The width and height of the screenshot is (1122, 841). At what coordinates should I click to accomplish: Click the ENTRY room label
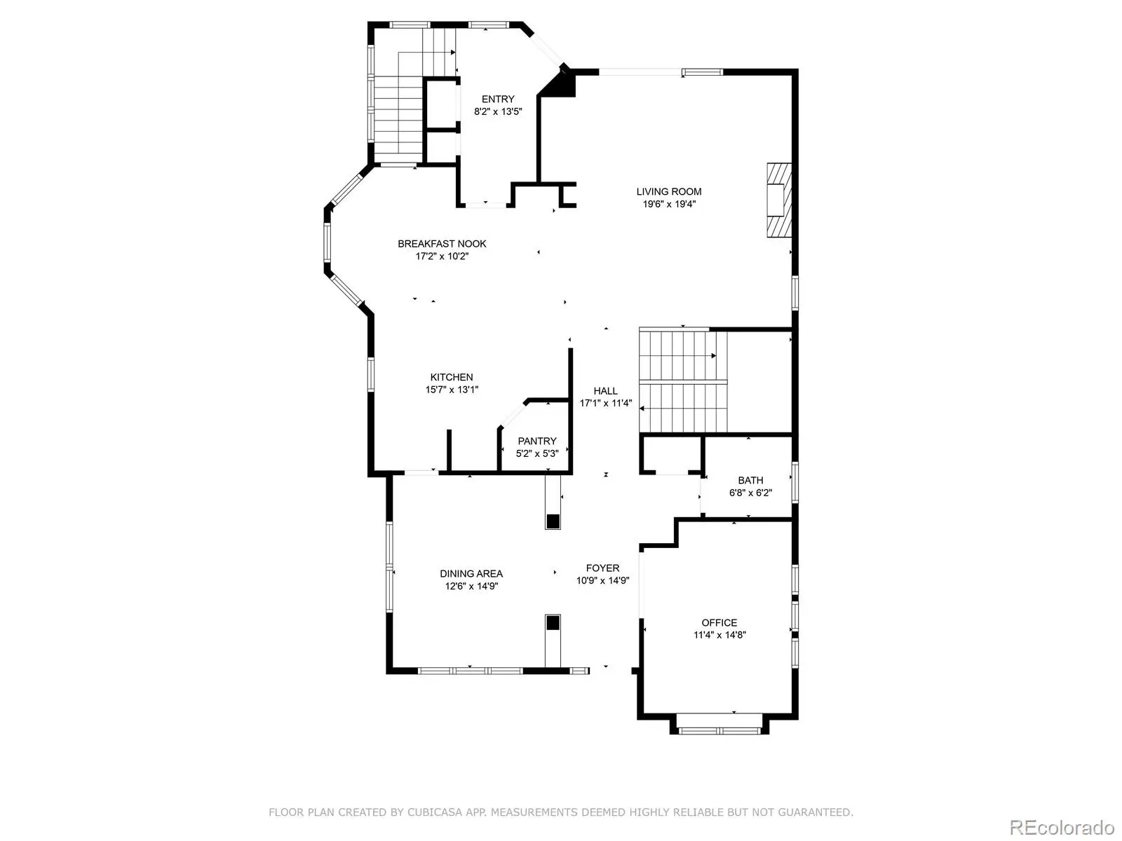click(497, 99)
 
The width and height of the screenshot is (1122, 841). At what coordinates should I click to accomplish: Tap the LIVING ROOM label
click(668, 191)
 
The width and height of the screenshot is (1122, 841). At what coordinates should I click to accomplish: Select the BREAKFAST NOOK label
click(442, 244)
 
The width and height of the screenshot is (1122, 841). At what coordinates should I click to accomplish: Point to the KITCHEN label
click(452, 377)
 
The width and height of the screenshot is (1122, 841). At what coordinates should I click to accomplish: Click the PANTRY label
click(536, 441)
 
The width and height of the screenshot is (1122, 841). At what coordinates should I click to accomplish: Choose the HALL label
click(605, 390)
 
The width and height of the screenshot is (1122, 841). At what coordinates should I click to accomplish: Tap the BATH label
click(750, 480)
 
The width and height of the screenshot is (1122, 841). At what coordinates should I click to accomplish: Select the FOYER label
click(602, 568)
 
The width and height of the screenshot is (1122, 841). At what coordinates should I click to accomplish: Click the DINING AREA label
click(471, 573)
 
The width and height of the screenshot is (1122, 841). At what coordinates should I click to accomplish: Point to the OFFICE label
click(719, 622)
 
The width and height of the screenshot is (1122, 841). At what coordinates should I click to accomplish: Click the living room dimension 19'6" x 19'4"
click(668, 204)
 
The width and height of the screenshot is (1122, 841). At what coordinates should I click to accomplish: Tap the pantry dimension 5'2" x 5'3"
click(536, 453)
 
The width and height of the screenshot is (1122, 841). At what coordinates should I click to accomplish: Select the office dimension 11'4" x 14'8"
click(719, 635)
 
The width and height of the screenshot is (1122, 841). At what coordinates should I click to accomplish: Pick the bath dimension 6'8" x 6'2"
click(750, 493)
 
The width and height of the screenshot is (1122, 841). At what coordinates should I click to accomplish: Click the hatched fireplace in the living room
click(779, 200)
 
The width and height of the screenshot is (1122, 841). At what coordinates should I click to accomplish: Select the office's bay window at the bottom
click(719, 731)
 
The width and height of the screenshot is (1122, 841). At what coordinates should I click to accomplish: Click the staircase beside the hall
click(683, 381)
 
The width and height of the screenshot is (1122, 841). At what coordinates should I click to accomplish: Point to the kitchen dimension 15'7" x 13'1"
click(452, 390)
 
